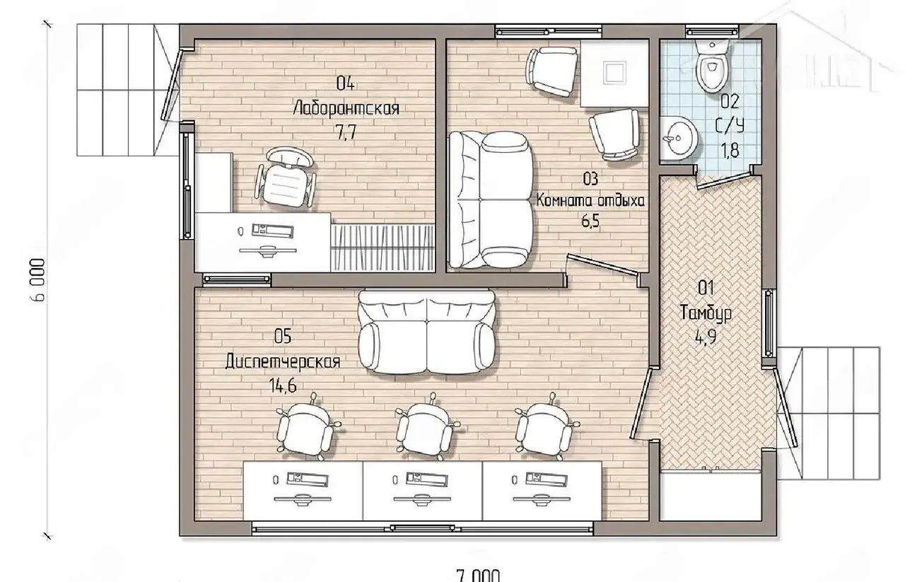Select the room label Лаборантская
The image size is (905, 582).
point(346,108)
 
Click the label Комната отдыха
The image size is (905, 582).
point(590,200)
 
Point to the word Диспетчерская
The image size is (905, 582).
point(282,361)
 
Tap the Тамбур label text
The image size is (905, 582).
point(706,313)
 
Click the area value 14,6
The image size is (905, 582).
point(283,385)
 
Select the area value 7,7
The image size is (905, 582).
point(346,132)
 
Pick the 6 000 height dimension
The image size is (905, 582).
point(39,280)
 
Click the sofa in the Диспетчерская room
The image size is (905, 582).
point(426,332)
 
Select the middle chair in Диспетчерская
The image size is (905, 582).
point(426,429)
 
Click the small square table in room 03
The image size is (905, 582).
point(614,73)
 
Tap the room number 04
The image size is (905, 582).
point(346,84)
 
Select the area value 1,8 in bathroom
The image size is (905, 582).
point(730,151)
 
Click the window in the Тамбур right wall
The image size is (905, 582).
point(768,323)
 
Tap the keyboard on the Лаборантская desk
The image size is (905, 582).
point(272,231)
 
